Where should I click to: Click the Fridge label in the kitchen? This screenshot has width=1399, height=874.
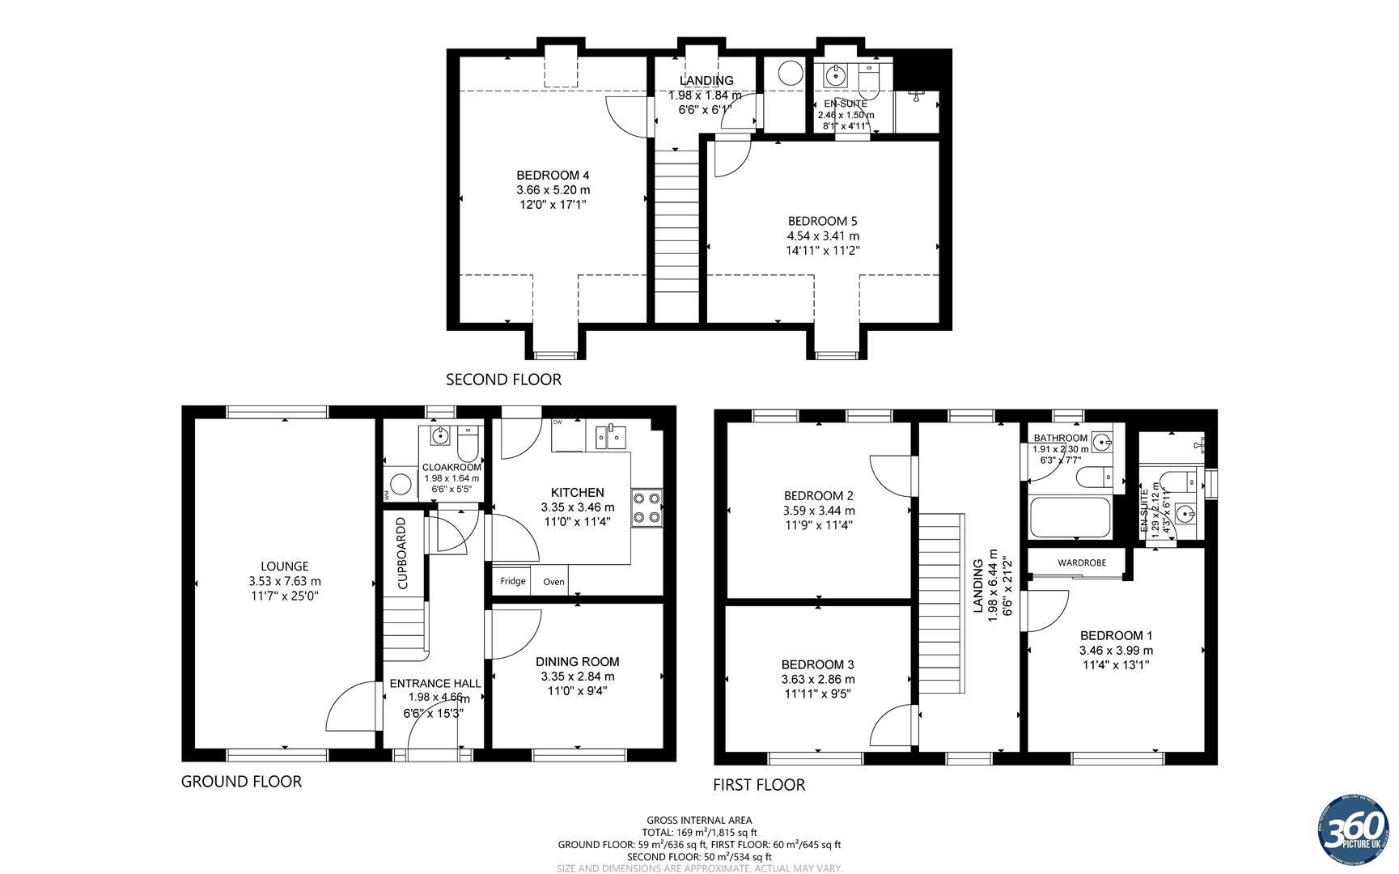tap(512, 581)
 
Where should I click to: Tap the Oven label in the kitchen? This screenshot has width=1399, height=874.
tap(553, 581)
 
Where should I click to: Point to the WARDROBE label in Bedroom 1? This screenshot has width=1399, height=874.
tap(1081, 562)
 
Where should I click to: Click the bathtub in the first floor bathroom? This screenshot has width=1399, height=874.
tap(1069, 518)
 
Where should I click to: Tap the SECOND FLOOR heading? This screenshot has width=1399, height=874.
tap(503, 379)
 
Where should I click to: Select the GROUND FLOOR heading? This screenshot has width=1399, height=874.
tap(241, 781)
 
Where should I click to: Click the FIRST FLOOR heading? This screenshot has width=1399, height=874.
tap(758, 784)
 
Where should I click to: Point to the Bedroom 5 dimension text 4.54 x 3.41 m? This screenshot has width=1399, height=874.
tap(823, 235)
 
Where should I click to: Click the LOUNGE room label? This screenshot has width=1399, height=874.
tap(284, 566)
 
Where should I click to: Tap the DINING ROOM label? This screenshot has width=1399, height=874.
tap(577, 661)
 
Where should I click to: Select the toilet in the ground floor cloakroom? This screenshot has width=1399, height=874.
tap(468, 443)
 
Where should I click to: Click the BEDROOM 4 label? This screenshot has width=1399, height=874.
tap(553, 175)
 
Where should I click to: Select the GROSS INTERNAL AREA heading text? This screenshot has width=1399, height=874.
tap(699, 820)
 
